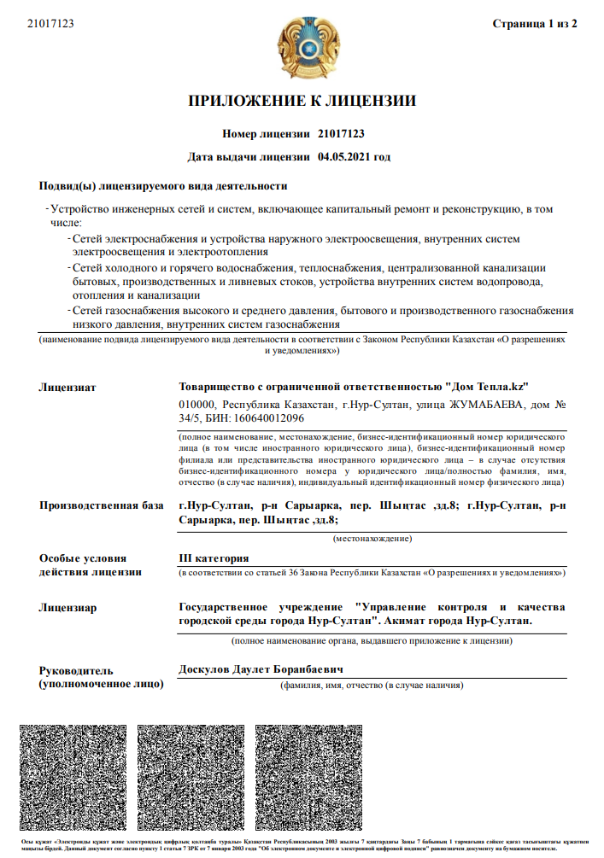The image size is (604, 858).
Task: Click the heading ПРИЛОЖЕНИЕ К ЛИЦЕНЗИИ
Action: pyautogui.click(x=302, y=102)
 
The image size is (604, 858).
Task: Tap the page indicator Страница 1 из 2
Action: pyautogui.click(x=535, y=23)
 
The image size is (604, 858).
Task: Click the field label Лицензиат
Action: pyautogui.click(x=67, y=387)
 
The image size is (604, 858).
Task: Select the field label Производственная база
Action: pyautogui.click(x=101, y=505)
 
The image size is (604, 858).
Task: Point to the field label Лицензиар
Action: pyautogui.click(x=67, y=608)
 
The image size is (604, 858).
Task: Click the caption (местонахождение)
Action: pyautogui.click(x=372, y=539)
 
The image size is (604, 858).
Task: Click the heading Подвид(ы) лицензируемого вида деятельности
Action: pyautogui.click(x=163, y=186)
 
